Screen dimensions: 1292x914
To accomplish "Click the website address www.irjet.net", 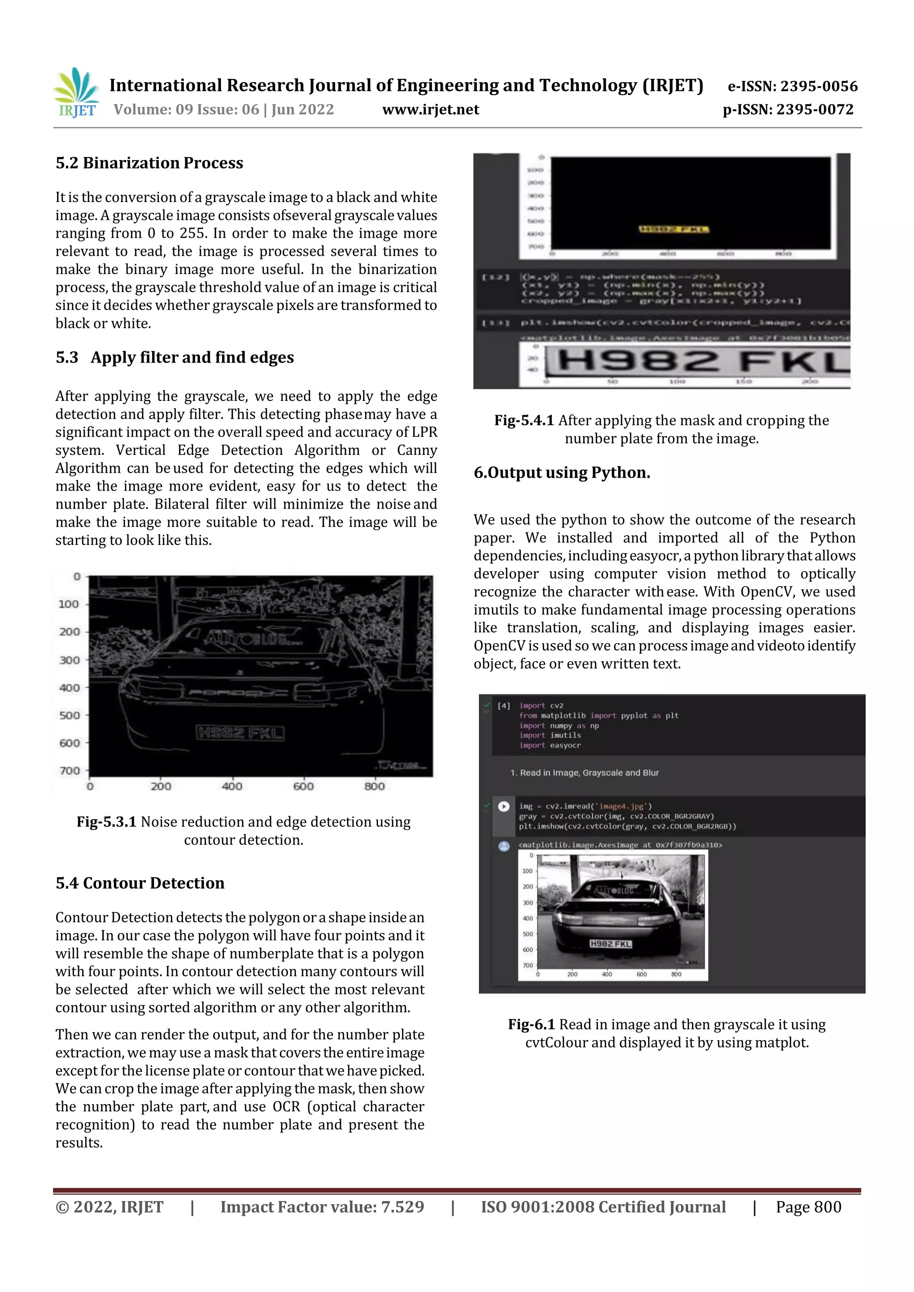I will tap(430, 110).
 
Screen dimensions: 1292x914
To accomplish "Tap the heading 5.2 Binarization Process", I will tap(149, 163).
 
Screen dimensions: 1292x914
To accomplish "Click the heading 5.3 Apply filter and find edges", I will tap(174, 357).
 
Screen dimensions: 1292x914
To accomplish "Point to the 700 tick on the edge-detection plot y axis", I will tap(70, 770).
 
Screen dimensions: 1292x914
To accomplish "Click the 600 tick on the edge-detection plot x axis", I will tap(303, 786).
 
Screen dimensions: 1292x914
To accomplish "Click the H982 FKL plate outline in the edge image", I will tap(241, 733).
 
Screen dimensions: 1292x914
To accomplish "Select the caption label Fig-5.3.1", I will tap(106, 822).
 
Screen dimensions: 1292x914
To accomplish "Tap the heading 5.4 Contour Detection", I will tap(140, 883).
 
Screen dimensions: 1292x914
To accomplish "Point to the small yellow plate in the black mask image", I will tap(673, 229).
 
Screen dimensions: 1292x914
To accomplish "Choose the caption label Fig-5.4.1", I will tap(524, 421).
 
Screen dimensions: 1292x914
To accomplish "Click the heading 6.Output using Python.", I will tap(561, 473).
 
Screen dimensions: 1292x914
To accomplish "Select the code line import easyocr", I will tap(550, 745).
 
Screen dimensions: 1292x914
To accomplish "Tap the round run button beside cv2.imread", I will tap(504, 806).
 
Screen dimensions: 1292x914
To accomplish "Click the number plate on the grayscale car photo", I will tap(611, 944).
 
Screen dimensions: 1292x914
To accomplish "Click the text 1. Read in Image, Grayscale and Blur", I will tap(584, 772).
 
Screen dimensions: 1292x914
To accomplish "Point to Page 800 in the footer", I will tap(808, 1207).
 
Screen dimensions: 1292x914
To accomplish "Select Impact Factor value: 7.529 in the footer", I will tap(322, 1207).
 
